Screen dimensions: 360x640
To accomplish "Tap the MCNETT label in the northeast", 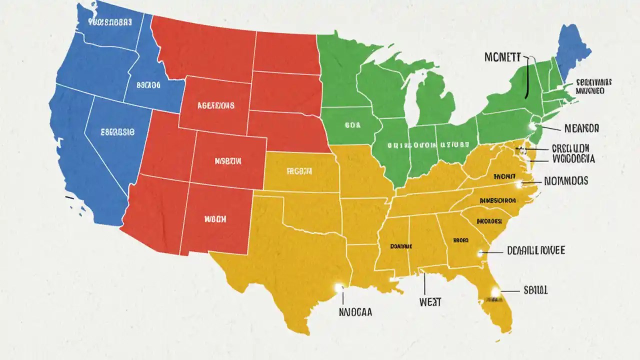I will pyautogui.click(x=502, y=57).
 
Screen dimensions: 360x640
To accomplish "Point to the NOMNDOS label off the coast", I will pyautogui.click(x=565, y=181).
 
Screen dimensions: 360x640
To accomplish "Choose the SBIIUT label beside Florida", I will pyautogui.click(x=535, y=289).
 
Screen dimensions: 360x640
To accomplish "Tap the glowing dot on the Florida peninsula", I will pyautogui.click(x=495, y=291).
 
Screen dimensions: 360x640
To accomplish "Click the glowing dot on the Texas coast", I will pyautogui.click(x=339, y=287).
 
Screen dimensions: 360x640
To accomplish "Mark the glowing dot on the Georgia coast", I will pyautogui.click(x=481, y=253).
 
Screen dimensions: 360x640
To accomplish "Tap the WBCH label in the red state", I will pyautogui.click(x=215, y=219).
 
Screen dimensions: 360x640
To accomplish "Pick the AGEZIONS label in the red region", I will pyautogui.click(x=215, y=106).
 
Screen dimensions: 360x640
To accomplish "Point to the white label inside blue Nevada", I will pyautogui.click(x=117, y=132).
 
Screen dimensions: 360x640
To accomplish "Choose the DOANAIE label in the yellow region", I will pyautogui.click(x=401, y=246).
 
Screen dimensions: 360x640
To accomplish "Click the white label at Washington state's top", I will pyautogui.click(x=109, y=22).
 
